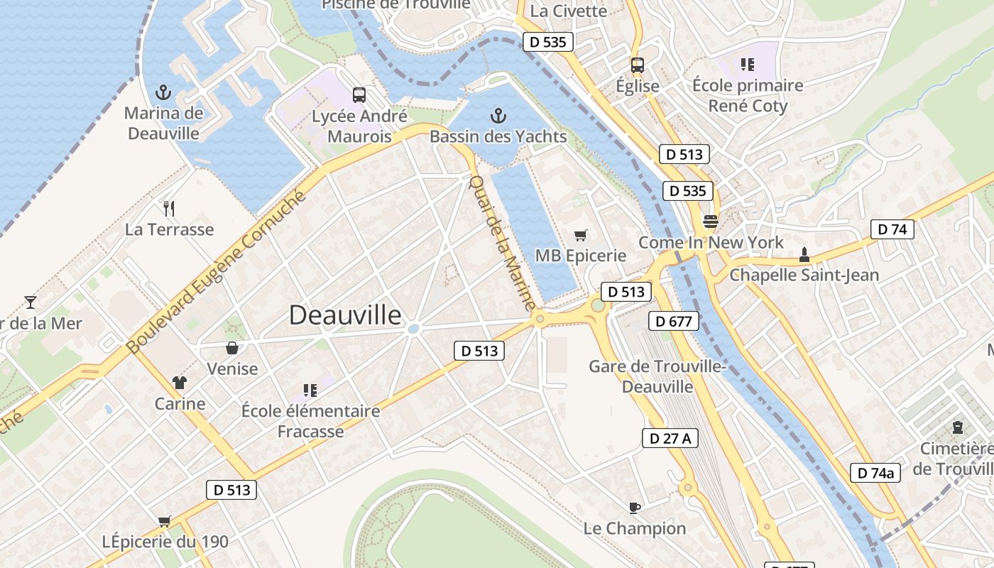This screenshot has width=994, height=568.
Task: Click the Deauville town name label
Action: (x=345, y=315)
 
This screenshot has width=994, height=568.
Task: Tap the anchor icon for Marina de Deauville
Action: (x=163, y=92)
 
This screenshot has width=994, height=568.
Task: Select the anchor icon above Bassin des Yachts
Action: (x=498, y=116)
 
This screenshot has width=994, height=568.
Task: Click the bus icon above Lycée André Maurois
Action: (x=359, y=94)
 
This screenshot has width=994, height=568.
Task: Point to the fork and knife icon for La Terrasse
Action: (x=169, y=208)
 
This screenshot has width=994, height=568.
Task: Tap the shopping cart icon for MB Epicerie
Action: (x=581, y=235)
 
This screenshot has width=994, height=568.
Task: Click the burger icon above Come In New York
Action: (x=710, y=221)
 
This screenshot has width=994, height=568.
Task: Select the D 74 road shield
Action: (x=892, y=229)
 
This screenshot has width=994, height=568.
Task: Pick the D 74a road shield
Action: (x=875, y=473)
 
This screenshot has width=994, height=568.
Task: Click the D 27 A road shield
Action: (x=670, y=438)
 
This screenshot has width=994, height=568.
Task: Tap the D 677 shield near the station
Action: (x=674, y=321)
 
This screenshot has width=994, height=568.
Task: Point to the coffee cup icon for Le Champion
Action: (x=635, y=508)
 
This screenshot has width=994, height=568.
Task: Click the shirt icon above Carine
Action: (x=180, y=383)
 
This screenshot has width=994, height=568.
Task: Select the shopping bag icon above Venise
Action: (x=232, y=347)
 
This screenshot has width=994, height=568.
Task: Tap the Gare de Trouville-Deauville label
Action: (x=657, y=376)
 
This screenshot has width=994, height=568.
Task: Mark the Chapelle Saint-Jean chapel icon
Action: (x=804, y=253)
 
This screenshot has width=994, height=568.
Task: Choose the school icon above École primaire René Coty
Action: (x=747, y=65)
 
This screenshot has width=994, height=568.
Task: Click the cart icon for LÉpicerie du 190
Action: (x=165, y=521)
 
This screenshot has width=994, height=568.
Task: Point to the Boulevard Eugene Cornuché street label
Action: (x=217, y=272)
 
